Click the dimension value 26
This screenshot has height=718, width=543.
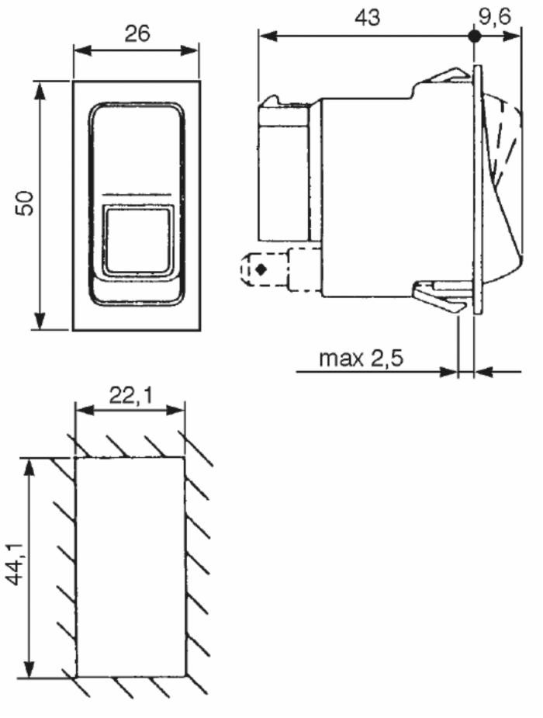coord(136,33)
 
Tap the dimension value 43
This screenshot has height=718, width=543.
coord(368,17)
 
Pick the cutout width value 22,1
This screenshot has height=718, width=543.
coord(130,396)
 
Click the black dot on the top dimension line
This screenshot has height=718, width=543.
coord(473,36)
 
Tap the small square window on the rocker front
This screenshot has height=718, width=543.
coord(137,240)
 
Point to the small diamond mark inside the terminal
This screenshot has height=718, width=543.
coord(261,269)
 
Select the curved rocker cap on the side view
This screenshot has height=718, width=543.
coord(501,186)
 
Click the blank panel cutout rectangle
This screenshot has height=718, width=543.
coord(130,567)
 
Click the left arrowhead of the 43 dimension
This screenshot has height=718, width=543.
coord(265,36)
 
